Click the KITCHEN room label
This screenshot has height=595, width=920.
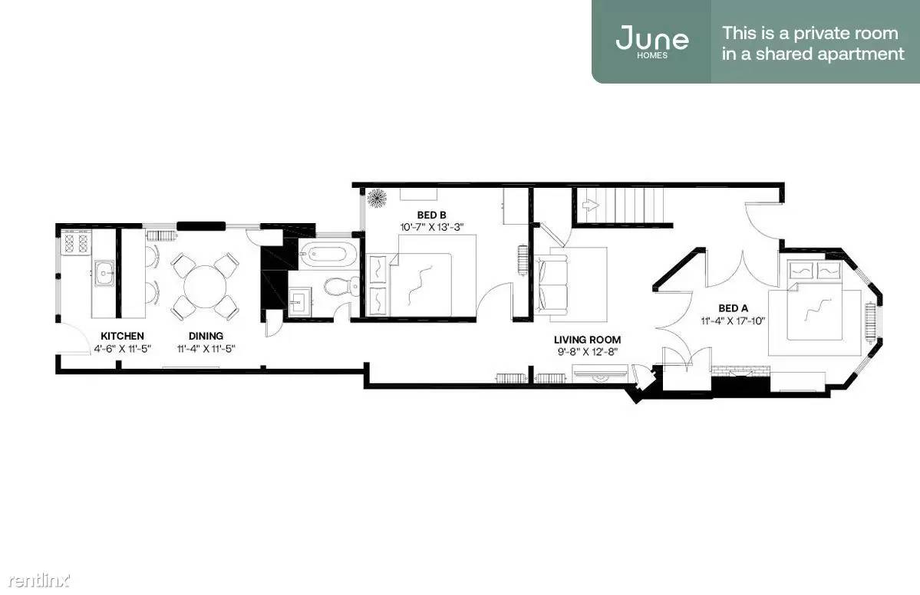click(122, 336)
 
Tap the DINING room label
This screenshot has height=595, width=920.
click(206, 336)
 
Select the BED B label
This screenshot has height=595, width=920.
click(431, 215)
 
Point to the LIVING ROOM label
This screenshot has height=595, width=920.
click(587, 340)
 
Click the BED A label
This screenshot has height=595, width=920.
click(734, 308)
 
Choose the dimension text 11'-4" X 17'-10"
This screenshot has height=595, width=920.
click(734, 321)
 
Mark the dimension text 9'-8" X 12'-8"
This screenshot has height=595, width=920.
click(587, 352)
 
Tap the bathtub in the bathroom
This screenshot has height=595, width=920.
click(324, 254)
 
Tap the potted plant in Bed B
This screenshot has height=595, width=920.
click(376, 199)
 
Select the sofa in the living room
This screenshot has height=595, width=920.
click(552, 284)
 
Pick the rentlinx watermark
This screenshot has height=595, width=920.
click(38, 580)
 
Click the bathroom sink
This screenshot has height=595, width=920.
click(300, 303)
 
